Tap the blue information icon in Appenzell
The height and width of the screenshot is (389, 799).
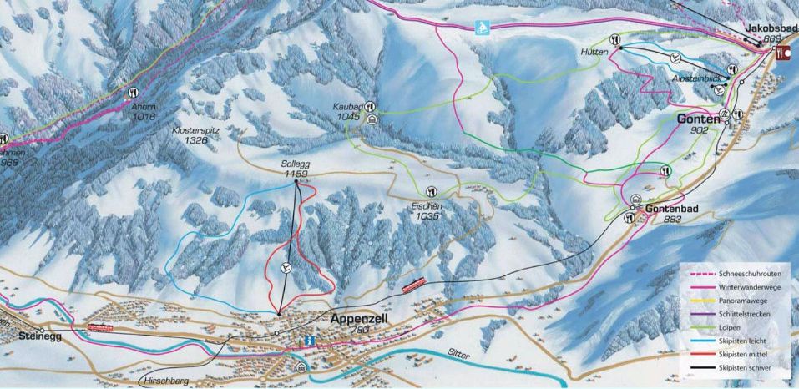coord(310,341)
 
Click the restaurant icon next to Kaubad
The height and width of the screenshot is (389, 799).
coord(369,107)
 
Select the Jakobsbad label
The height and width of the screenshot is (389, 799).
coord(766,28)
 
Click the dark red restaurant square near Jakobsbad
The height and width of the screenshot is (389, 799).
coord(782,52)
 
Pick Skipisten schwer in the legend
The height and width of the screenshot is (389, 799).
coord(741,367)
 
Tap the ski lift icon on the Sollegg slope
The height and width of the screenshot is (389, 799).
coord(286,268)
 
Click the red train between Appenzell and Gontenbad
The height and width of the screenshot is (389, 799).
coord(414,285)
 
